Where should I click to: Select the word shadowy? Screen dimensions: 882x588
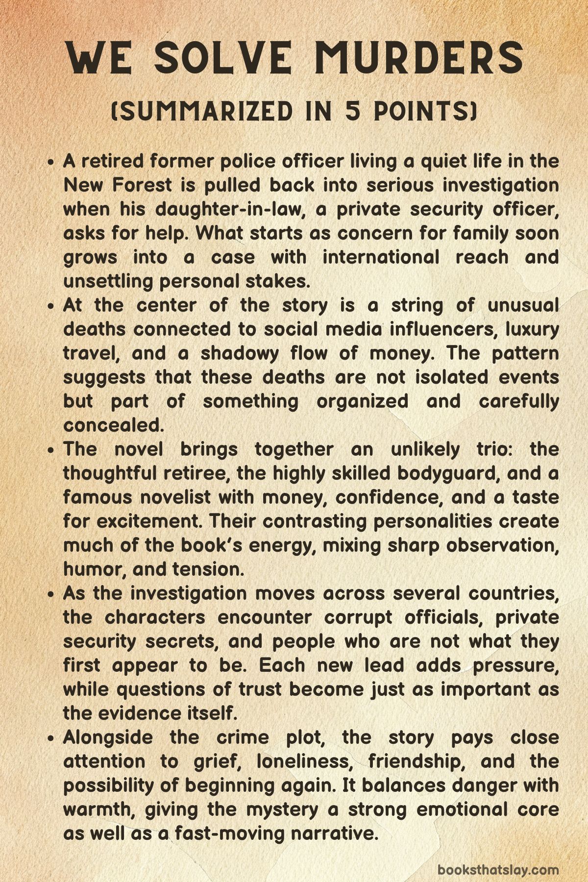point(240,353)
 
